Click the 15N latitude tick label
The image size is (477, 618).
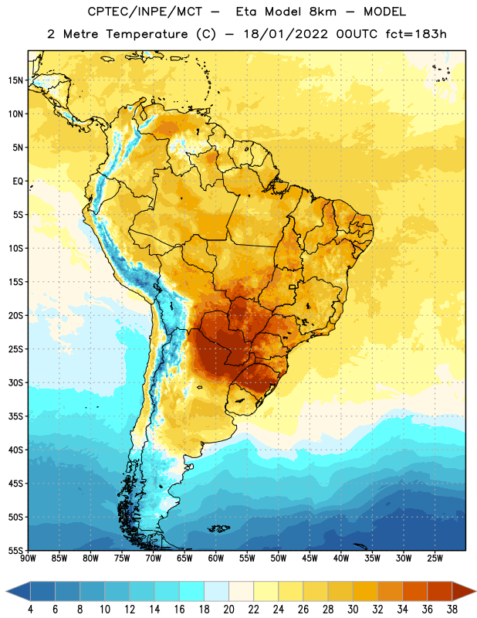(x=15, y=80)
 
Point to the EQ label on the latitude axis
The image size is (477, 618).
(x=18, y=182)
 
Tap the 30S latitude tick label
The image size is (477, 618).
(x=15, y=382)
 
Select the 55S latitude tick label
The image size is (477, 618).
(x=15, y=550)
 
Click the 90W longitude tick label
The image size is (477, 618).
(x=28, y=559)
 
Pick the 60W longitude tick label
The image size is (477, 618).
(x=216, y=559)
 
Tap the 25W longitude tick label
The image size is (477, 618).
(x=435, y=559)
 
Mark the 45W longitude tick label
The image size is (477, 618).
(x=310, y=559)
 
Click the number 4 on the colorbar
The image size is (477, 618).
(x=30, y=610)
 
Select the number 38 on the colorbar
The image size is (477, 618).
(x=452, y=610)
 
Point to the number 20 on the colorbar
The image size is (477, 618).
(x=228, y=610)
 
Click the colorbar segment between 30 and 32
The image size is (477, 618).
(x=365, y=592)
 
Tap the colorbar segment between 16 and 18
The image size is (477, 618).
(x=192, y=592)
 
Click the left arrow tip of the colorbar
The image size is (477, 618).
(x=6, y=592)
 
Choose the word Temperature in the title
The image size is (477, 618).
(x=147, y=34)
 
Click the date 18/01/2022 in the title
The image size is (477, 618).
(x=286, y=34)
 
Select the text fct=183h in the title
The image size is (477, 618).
(x=416, y=34)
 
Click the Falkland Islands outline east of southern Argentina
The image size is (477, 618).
(x=218, y=528)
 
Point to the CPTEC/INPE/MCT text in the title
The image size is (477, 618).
(x=145, y=12)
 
